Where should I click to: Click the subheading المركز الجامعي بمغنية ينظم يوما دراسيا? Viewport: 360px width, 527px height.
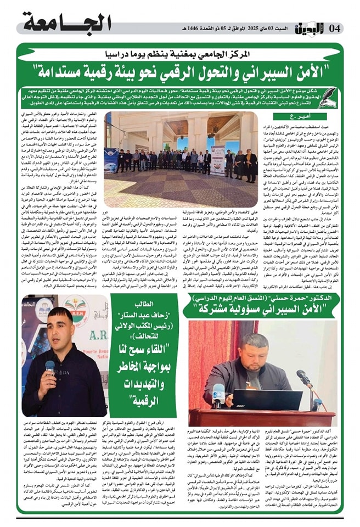point(181,54)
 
